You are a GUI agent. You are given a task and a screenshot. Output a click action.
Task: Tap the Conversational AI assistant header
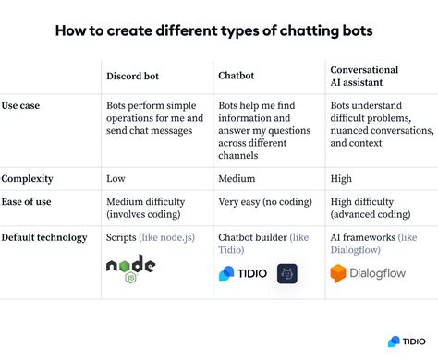point(364,76)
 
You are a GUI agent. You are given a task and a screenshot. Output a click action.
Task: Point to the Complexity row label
point(28,177)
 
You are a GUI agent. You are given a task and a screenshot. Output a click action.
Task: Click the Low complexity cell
point(117,177)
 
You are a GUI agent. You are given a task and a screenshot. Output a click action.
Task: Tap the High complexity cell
point(342,177)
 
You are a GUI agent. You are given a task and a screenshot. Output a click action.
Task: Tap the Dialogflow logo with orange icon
point(370,273)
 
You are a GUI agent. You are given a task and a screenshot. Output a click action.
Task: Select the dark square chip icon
point(286,273)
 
